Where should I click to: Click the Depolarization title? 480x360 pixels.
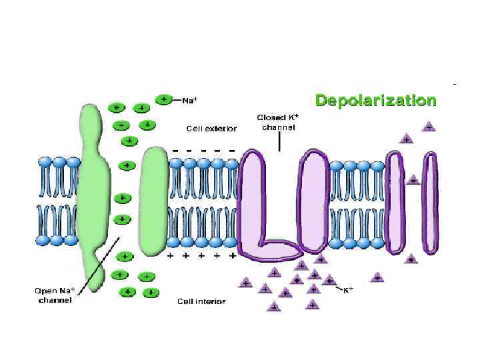click(x=376, y=101)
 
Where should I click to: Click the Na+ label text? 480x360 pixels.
click(x=190, y=101)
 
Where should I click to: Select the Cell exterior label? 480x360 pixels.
click(x=211, y=128)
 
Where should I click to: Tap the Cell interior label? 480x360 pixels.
click(x=201, y=301)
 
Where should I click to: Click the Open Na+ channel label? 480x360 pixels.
click(x=54, y=295)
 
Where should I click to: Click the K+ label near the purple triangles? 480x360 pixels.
click(x=347, y=290)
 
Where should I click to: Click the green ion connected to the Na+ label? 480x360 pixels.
click(x=164, y=99)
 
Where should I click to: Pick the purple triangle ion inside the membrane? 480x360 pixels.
click(x=413, y=180)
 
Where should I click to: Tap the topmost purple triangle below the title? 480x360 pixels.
click(x=429, y=125)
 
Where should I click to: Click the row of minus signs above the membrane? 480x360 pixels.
click(x=203, y=151)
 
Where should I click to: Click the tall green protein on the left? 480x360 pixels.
click(x=93, y=193)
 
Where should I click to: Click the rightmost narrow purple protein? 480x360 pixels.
click(x=432, y=203)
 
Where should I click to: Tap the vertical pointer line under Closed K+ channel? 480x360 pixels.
click(x=279, y=141)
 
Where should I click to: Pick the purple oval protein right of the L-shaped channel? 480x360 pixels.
click(x=314, y=200)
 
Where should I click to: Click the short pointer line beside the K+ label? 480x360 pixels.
click(x=338, y=287)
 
